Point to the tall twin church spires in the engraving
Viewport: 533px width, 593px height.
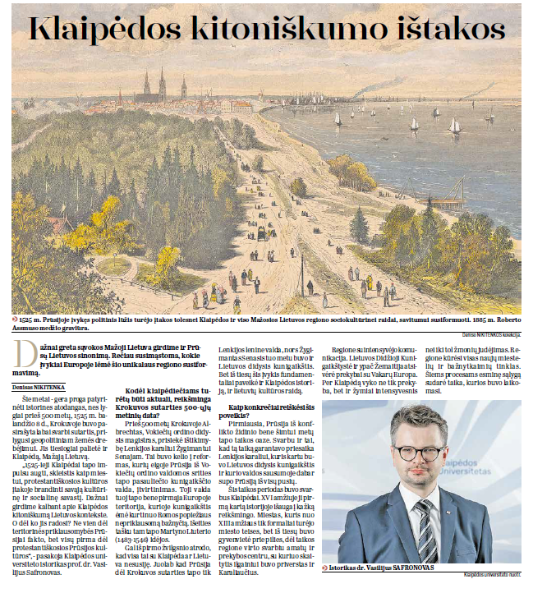[x=154, y=83]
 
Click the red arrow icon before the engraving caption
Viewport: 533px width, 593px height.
[x=16, y=318]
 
